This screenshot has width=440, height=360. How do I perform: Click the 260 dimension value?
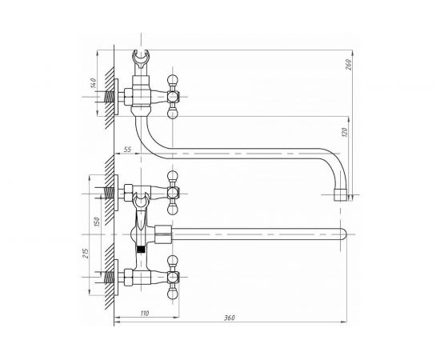tap(349, 64)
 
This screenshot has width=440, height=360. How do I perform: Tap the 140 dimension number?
tap(94, 83)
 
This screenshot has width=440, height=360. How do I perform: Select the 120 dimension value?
tap(345, 132)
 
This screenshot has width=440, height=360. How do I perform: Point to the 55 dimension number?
tap(127, 150)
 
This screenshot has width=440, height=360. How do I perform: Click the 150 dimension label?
tap(97, 222)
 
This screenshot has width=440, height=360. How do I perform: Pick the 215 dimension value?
tap(86, 254)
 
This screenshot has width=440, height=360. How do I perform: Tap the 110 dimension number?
tap(145, 313)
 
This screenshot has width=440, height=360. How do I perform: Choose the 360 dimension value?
tap(230, 318)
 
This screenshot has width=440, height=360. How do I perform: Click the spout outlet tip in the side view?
tap(340, 195)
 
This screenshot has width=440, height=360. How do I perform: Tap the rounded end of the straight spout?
tap(343, 234)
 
